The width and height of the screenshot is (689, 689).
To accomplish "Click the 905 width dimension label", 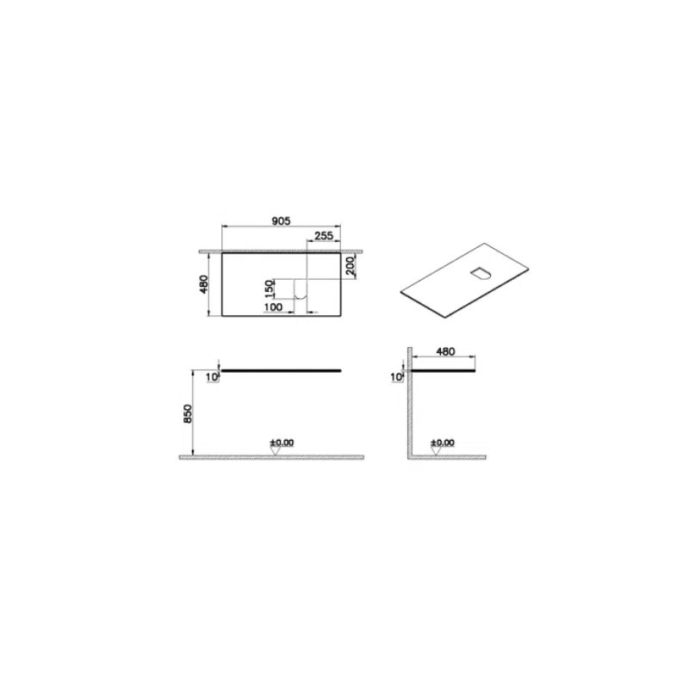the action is pyautogui.click(x=281, y=220).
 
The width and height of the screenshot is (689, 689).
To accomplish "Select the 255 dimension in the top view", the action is pyautogui.click(x=324, y=235).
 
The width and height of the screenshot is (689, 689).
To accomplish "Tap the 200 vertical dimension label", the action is pyautogui.click(x=351, y=265).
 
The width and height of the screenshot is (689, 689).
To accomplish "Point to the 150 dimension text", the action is pyautogui.click(x=270, y=288).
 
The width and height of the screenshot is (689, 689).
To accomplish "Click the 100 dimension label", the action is pyautogui.click(x=273, y=307).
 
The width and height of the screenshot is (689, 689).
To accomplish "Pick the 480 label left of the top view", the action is pyautogui.click(x=203, y=284).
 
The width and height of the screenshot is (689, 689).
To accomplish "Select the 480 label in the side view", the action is pyautogui.click(x=445, y=351).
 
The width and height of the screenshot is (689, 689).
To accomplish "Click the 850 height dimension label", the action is pyautogui.click(x=188, y=413).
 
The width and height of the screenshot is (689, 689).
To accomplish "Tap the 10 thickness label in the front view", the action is pyautogui.click(x=211, y=377).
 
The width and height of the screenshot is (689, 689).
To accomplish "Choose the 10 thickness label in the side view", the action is pyautogui.click(x=396, y=377).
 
